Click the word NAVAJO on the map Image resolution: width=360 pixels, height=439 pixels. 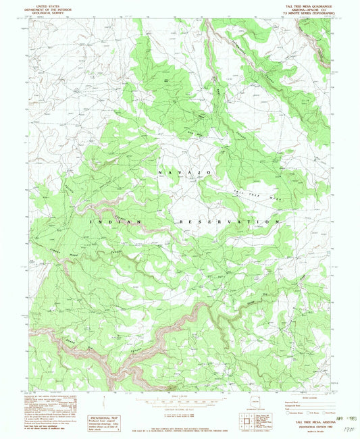pyautogui.click(x=185, y=173)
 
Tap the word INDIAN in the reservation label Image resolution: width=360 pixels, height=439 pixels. pyautogui.click(x=114, y=222)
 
